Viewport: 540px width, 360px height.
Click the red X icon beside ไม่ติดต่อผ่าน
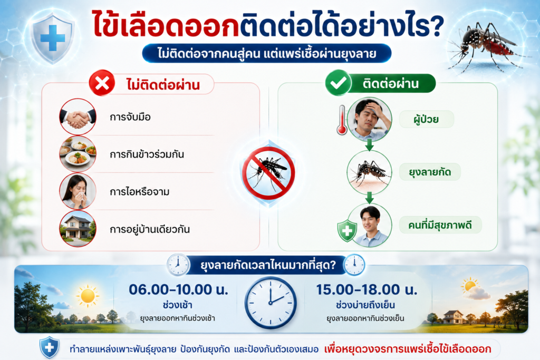tap(102, 83)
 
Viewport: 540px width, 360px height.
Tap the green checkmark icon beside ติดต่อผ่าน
tap(338, 83)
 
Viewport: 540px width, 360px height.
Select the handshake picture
tap(78, 116)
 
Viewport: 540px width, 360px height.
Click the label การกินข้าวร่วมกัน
tap(147, 154)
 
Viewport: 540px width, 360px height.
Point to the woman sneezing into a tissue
tap(78, 191)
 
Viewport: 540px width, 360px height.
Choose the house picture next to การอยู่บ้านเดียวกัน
tap(78, 229)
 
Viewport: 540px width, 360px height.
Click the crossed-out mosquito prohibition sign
tap(268, 173)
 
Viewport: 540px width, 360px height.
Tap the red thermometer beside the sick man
tap(342, 120)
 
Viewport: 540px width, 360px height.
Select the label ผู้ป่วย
tap(426, 120)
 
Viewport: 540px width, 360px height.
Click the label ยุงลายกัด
tap(430, 172)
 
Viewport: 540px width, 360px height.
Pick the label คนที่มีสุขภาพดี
tap(440, 225)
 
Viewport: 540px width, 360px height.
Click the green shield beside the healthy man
tap(347, 230)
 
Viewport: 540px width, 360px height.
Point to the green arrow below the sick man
tap(369, 144)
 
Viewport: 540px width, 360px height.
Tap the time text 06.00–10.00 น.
tap(178, 289)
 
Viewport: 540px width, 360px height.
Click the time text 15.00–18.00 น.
tap(367, 289)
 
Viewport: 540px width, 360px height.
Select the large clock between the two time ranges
tap(271, 303)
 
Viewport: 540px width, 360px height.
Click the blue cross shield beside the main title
tap(52, 38)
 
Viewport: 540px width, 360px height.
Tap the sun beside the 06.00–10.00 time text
tap(88, 296)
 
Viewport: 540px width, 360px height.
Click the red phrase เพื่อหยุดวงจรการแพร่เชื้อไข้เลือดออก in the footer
tap(408, 349)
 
